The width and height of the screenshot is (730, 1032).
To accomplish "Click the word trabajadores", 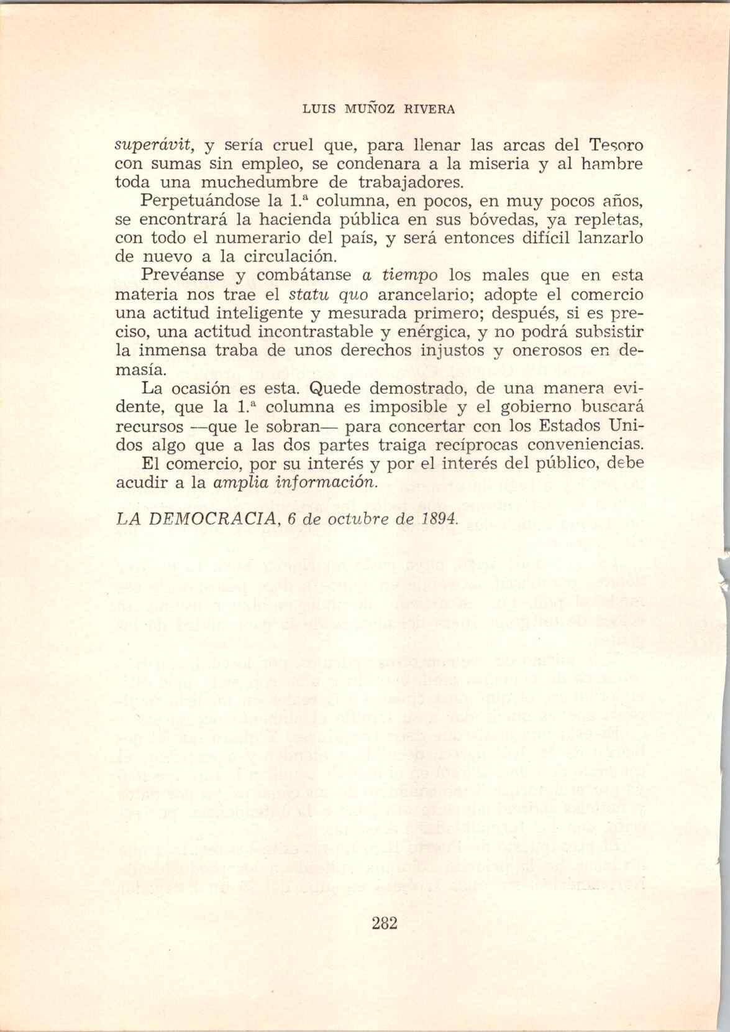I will [x=412, y=183].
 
